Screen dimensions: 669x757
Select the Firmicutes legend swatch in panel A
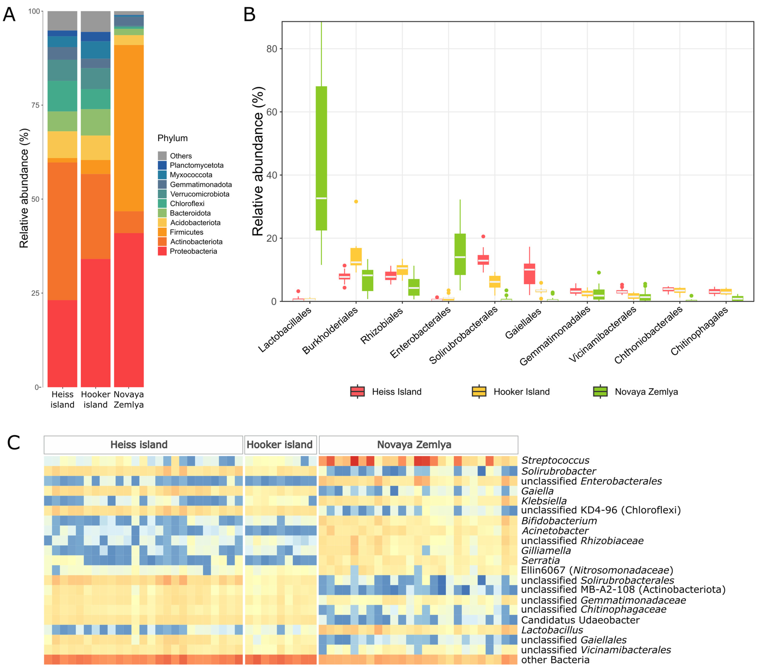162,232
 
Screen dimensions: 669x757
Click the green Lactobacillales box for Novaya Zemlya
321,158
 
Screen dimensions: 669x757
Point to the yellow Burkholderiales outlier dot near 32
356,202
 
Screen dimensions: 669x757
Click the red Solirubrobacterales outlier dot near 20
483,236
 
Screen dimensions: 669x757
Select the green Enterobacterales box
460,254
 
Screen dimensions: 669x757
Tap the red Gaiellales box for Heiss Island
529,273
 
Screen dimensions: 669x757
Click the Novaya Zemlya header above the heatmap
414,445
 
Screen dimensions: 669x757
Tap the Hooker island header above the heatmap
280,445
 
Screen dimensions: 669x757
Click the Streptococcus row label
555,460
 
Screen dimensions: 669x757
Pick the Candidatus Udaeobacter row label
580,620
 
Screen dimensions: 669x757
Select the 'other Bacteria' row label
555,660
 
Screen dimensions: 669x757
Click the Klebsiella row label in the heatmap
544,501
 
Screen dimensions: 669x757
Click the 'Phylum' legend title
173,138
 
